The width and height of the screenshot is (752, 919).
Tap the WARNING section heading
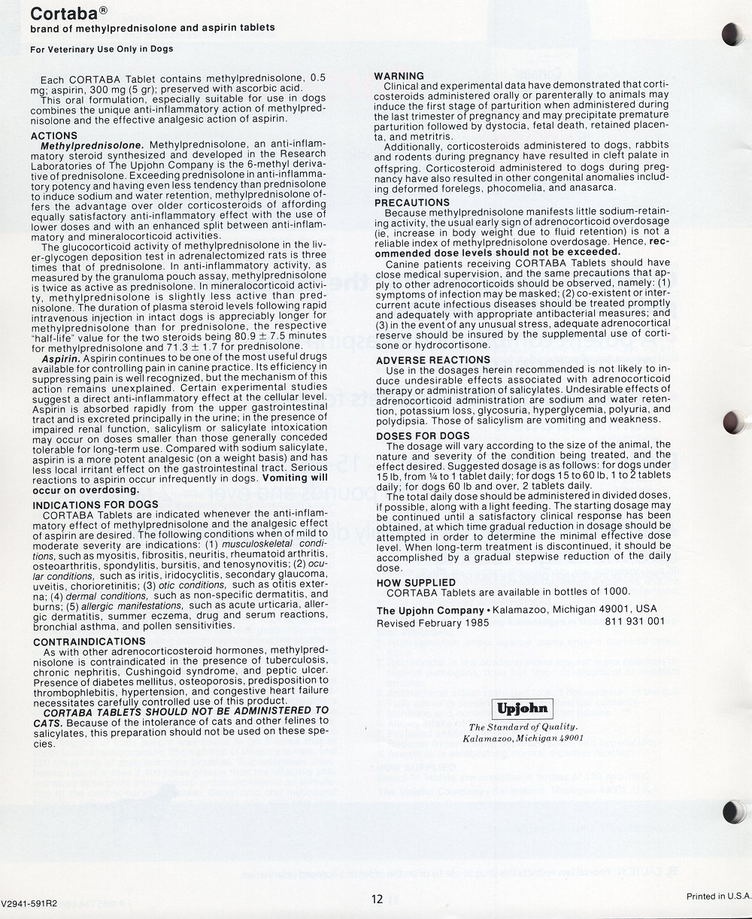(399, 76)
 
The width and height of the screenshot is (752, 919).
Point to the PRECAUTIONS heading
(412, 202)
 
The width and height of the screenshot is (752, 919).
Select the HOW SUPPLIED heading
(415, 582)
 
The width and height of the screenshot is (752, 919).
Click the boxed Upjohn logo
(523, 708)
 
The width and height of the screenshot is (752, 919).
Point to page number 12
(377, 898)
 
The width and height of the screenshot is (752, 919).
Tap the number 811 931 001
(635, 622)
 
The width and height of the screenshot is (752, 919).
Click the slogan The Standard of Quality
(523, 726)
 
